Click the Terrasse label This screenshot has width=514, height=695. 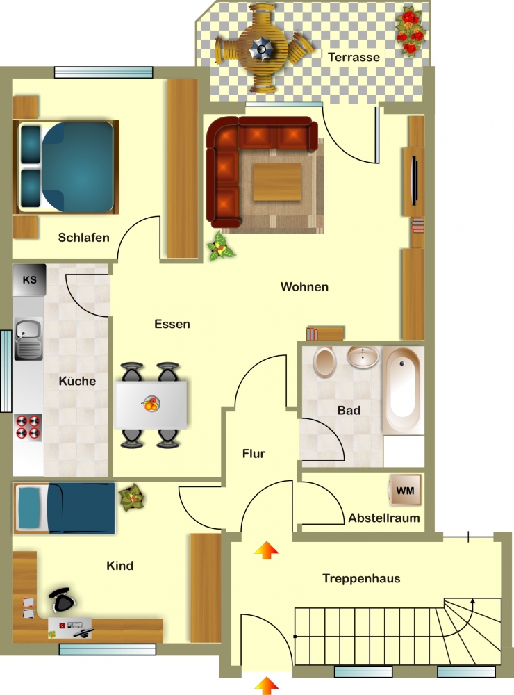(354, 57)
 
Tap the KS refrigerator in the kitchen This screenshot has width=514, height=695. (29, 280)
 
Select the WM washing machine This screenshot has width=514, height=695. (405, 490)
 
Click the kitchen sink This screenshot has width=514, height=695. (28, 338)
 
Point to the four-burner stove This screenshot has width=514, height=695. (28, 427)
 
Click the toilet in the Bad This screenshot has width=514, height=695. (325, 361)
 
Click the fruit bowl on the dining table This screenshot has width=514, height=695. (151, 404)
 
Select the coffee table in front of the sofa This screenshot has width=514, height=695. (277, 181)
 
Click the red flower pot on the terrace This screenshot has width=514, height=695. (411, 30)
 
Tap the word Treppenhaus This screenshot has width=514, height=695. (361, 578)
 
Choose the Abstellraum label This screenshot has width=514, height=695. (383, 518)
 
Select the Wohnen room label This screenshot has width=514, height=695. (304, 287)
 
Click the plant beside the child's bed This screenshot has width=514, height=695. (131, 498)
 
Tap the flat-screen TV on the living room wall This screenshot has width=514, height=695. (415, 181)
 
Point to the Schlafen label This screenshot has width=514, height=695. (84, 238)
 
